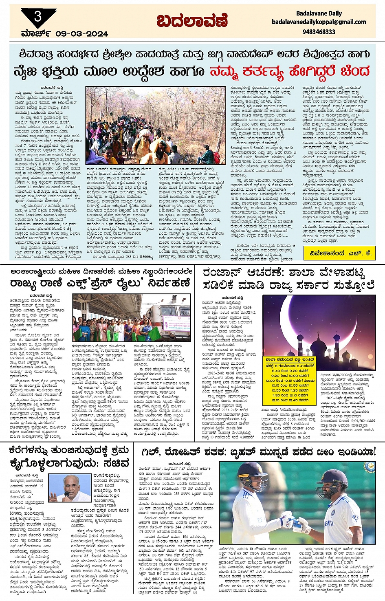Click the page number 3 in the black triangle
pos(38,17)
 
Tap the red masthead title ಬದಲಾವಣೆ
pos(192,21)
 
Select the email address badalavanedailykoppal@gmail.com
pos(319,22)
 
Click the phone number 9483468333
pos(319,32)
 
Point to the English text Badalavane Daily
pos(319,13)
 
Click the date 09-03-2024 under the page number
pos(82,34)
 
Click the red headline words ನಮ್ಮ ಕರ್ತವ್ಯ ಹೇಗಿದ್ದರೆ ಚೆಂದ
pos(290,71)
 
